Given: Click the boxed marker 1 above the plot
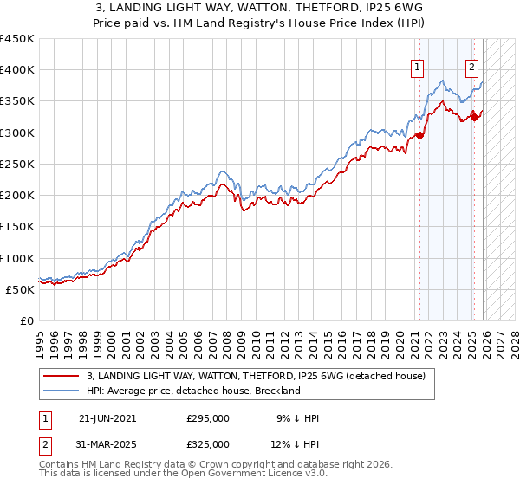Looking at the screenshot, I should (418, 67).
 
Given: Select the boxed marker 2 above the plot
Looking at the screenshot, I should (472, 67).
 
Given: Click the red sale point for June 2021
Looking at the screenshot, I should (420, 135).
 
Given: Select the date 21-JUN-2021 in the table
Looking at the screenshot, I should (107, 418).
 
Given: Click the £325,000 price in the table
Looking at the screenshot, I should (208, 444).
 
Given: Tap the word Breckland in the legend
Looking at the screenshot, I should (275, 391).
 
